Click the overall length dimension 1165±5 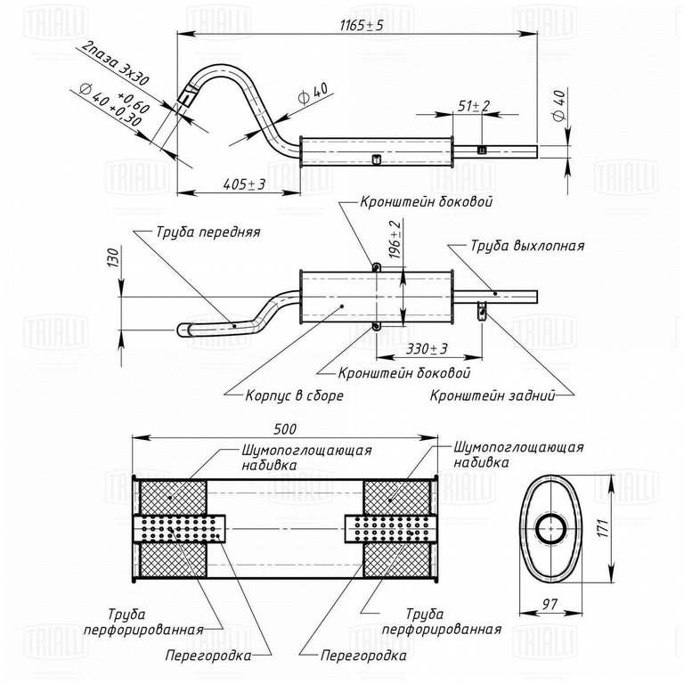pyautogui.click(x=362, y=25)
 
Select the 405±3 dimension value pyautogui.click(x=244, y=184)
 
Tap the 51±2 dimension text pyautogui.click(x=474, y=106)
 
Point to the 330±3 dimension pyautogui.click(x=427, y=349)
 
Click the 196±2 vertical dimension pyautogui.click(x=395, y=240)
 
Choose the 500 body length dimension pyautogui.click(x=284, y=429)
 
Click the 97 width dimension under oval pyautogui.click(x=550, y=604)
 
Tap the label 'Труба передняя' pyautogui.click(x=208, y=232)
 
